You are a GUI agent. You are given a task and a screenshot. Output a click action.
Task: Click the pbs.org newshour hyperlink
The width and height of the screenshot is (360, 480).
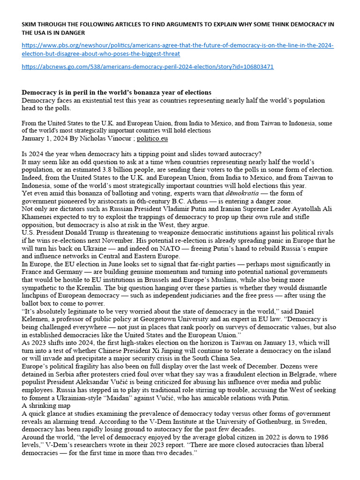coord(178,46)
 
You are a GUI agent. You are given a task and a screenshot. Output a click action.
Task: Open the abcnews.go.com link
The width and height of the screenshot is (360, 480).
coord(148,67)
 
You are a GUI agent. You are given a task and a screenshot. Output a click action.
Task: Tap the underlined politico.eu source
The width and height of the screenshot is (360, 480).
coord(152,139)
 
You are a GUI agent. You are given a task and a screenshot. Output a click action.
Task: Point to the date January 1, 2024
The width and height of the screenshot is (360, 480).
coord(43,139)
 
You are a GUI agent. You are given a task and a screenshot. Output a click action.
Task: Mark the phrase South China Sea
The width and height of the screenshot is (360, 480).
coord(262,359)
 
